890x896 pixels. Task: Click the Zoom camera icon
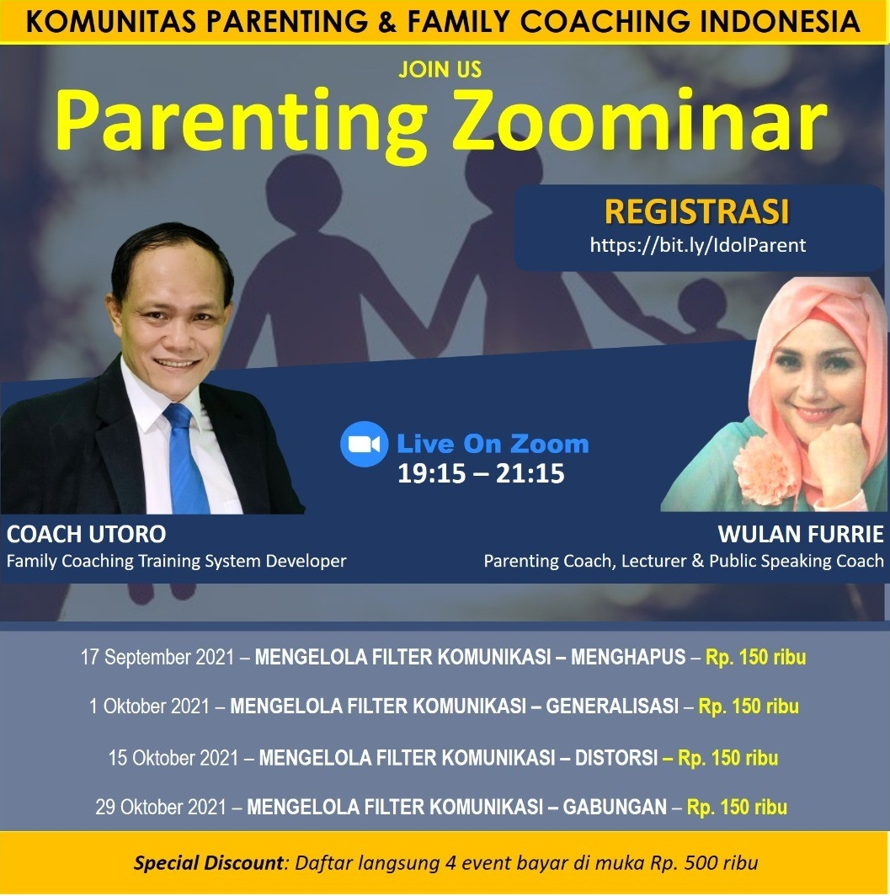[x=365, y=444]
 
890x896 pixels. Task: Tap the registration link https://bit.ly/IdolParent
[x=697, y=245]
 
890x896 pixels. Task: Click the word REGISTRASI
[x=697, y=211]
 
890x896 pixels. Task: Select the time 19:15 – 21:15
[x=481, y=474]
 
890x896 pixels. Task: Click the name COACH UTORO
[x=86, y=534]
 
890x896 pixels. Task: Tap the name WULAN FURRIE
[x=800, y=534]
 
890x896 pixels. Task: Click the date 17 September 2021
[x=157, y=657]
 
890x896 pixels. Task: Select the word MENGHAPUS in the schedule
[x=628, y=657]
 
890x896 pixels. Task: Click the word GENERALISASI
[x=612, y=707]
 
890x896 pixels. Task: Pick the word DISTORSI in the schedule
[x=616, y=758]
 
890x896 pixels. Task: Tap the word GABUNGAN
[x=615, y=807]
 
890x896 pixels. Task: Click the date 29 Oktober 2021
[x=161, y=808]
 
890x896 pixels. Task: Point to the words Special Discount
[x=209, y=863]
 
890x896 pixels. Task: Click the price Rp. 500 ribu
[x=704, y=863]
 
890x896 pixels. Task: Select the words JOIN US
[x=440, y=70]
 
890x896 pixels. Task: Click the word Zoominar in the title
[x=639, y=122]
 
